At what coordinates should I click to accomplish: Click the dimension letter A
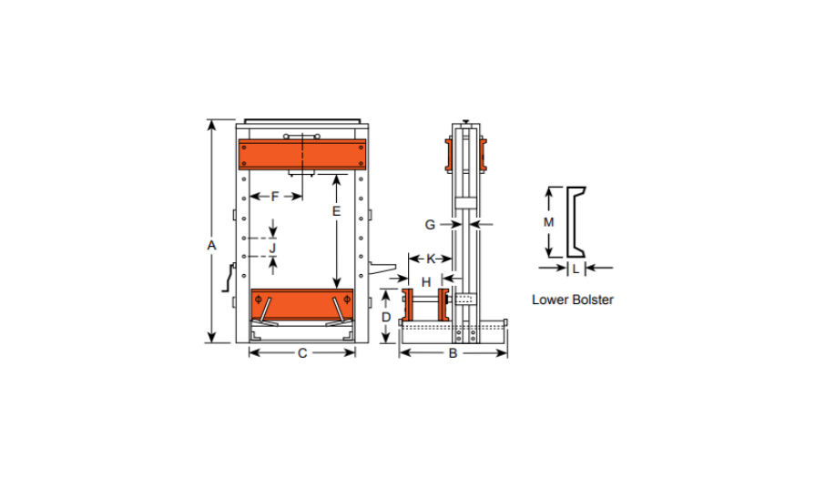[211, 245]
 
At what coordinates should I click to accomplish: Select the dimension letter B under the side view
[453, 353]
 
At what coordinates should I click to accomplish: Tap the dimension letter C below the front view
[302, 353]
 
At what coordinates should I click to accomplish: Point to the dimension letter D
[386, 317]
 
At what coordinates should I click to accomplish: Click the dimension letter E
[336, 211]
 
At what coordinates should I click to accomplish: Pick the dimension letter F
[275, 197]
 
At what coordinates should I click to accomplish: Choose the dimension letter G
[430, 225]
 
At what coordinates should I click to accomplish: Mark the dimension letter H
[426, 282]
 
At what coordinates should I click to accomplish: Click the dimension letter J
[272, 248]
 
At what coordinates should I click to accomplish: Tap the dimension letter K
[431, 259]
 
